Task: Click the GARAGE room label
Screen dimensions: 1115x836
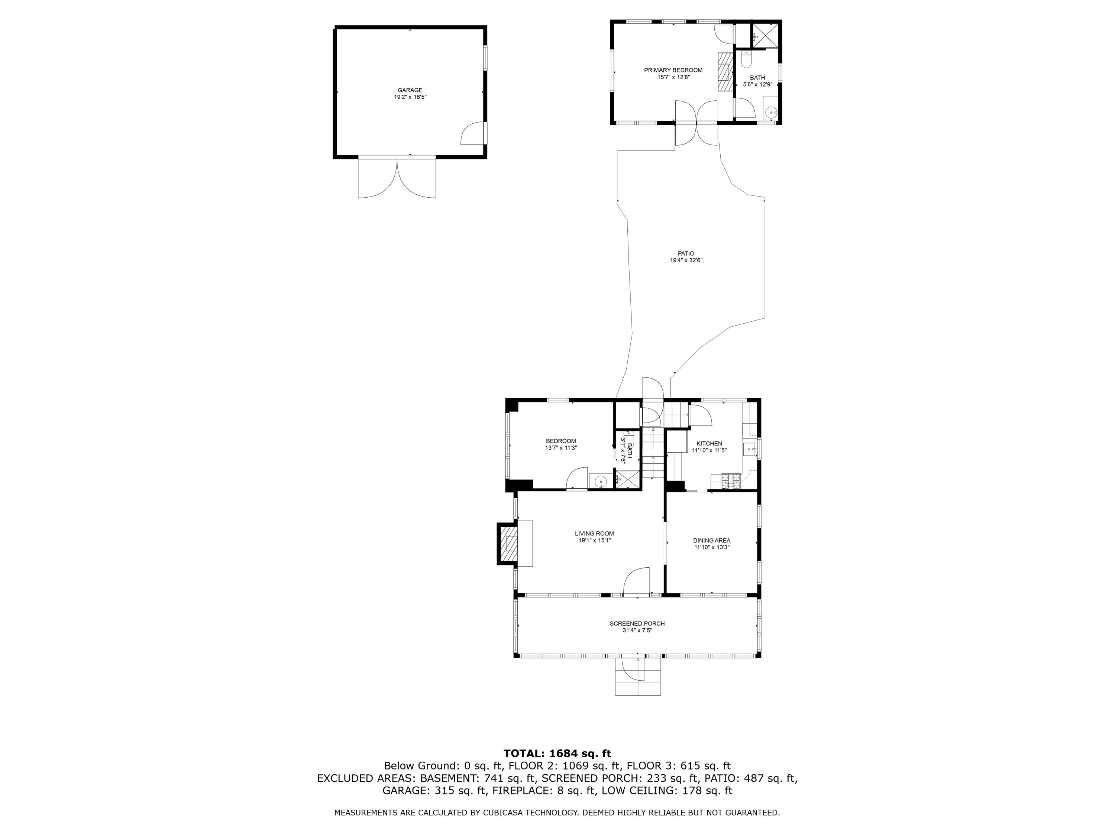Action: coord(410,90)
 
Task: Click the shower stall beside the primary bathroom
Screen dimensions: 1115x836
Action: coord(765,35)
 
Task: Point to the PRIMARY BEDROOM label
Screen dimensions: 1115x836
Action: coord(673,70)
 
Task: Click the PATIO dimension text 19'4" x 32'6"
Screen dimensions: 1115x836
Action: coord(686,260)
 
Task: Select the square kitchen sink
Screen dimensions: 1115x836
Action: coord(750,448)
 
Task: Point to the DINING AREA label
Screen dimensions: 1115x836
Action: coord(712,541)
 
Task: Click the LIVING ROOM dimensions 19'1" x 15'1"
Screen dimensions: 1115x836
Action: coord(595,540)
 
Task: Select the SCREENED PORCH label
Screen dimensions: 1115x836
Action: coord(637,623)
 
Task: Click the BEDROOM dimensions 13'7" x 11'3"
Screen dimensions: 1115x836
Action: coord(561,447)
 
